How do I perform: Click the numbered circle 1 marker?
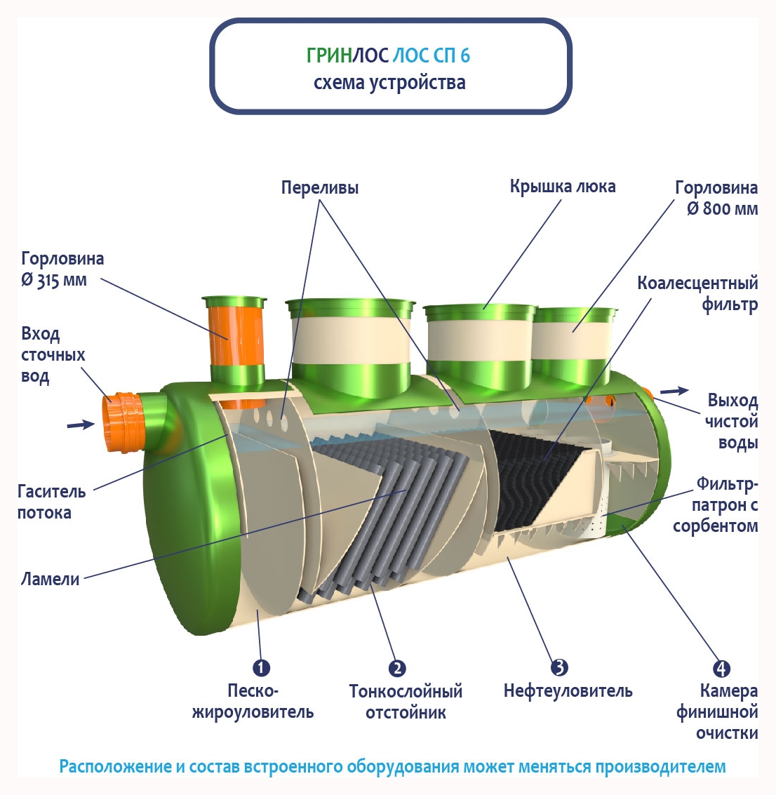[x=260, y=667]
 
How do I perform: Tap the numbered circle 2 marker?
[x=397, y=668]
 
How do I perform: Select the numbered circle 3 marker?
[x=559, y=667]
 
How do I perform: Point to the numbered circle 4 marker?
[x=721, y=669]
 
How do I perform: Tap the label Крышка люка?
[x=563, y=187]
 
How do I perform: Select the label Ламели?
[x=50, y=579]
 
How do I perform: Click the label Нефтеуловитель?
[x=568, y=691]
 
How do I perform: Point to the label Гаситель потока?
[x=51, y=502]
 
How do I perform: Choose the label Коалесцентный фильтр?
[x=697, y=293]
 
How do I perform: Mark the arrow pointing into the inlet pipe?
[x=80, y=424]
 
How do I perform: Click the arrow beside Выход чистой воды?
[x=674, y=391]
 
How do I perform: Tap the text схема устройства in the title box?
[x=389, y=82]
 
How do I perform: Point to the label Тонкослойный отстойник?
[x=406, y=702]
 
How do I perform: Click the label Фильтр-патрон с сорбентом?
[x=715, y=505]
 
